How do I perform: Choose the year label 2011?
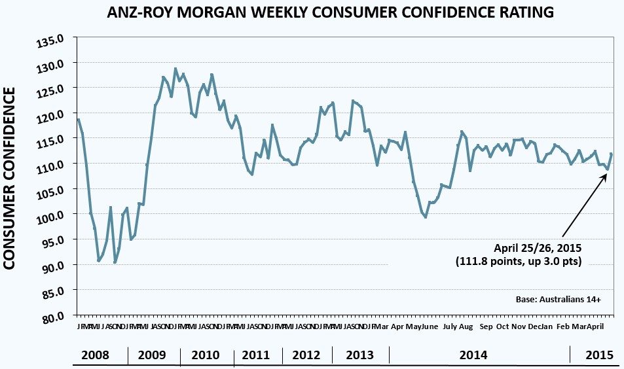[x=256, y=355]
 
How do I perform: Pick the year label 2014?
[x=473, y=355]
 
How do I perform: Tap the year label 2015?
[x=598, y=355]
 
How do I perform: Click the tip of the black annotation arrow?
[x=608, y=171]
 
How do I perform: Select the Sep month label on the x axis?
[x=486, y=326]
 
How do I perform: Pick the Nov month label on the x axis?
[x=518, y=326]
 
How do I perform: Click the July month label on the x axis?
[x=450, y=326]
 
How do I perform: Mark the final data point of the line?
[x=612, y=154]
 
